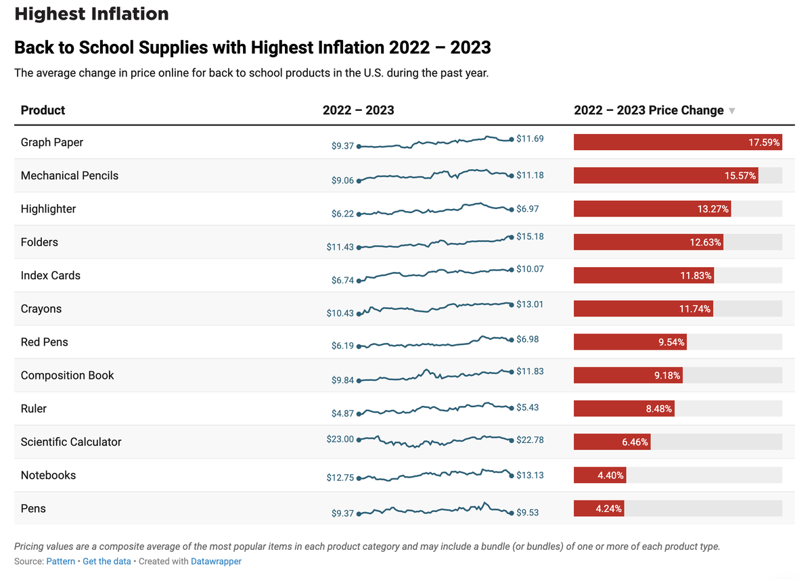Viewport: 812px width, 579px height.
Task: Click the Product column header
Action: point(43,110)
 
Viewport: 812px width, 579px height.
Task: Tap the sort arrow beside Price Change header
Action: point(731,111)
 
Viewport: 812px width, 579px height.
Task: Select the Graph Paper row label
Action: point(52,142)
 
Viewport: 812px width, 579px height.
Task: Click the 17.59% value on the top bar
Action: point(764,143)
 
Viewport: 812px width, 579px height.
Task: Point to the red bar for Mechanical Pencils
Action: point(666,176)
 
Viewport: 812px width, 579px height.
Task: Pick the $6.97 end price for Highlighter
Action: point(528,209)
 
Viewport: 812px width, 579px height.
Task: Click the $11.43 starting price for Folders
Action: point(340,247)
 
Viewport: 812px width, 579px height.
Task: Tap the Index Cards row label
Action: point(51,275)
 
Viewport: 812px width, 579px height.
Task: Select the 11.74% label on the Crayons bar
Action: point(695,309)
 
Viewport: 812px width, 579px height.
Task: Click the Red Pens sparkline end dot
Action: point(511,340)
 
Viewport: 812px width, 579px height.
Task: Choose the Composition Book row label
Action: point(68,375)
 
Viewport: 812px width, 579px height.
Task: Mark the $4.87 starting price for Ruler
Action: point(342,413)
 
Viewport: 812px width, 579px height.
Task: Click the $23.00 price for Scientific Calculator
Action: point(340,439)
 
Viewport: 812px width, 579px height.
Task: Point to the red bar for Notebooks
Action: point(600,476)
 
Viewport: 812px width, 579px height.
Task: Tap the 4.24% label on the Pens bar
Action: point(609,509)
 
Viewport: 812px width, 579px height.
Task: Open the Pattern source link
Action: point(61,561)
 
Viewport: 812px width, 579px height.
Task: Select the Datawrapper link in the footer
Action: point(216,561)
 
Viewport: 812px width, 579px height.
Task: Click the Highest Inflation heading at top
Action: point(91,14)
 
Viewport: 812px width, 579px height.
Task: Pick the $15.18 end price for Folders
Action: point(530,237)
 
